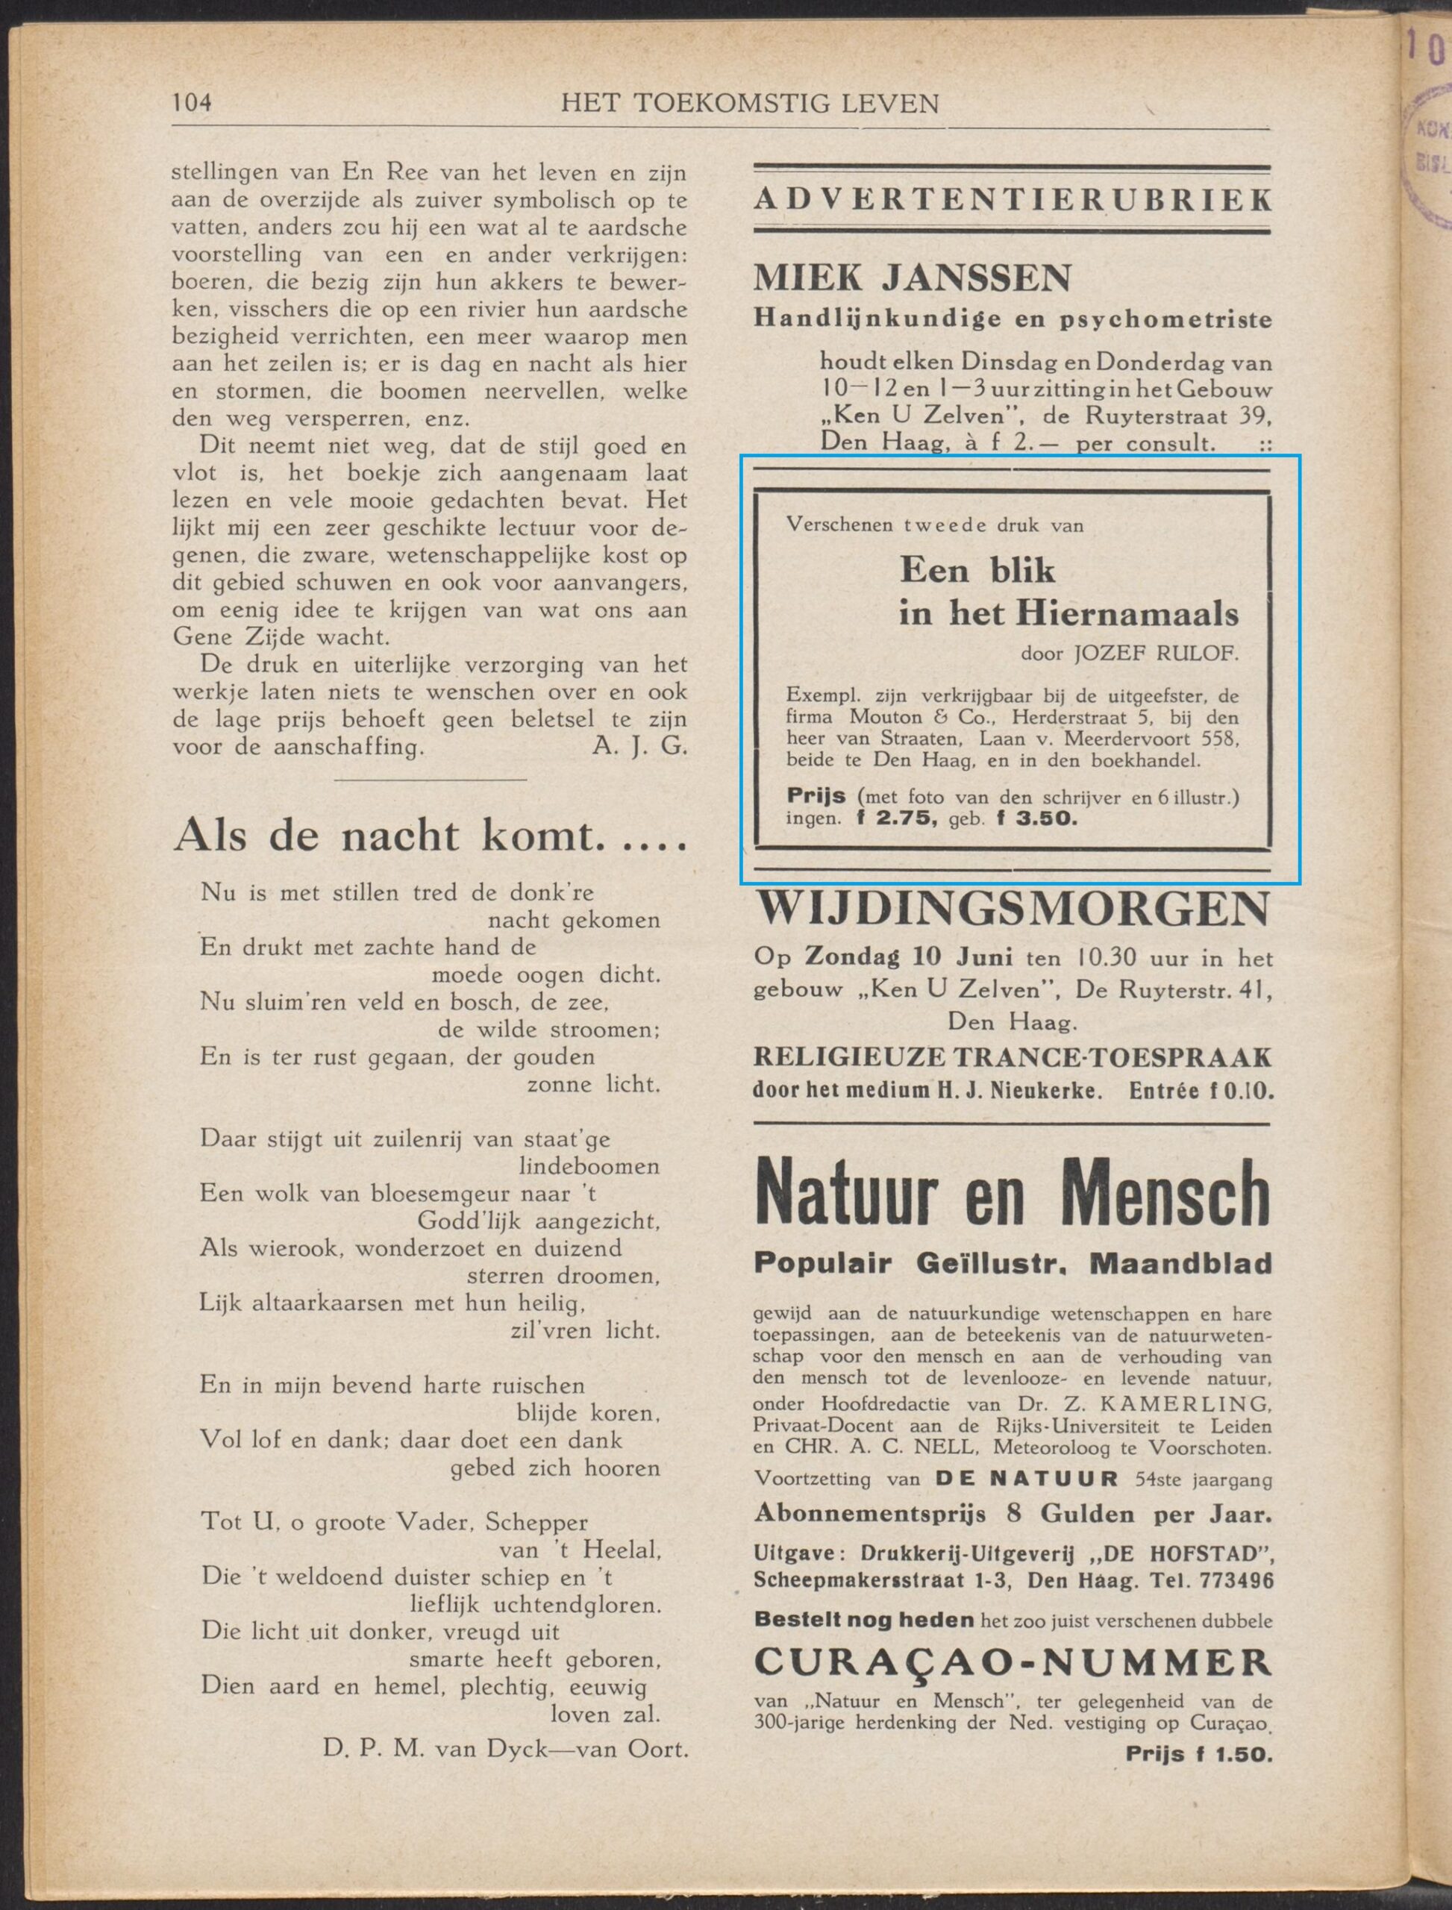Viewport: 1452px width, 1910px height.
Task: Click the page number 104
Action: pos(192,104)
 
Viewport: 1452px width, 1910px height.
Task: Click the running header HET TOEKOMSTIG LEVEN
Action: pos(750,104)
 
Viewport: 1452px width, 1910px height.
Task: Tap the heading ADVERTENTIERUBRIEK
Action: pos(1012,200)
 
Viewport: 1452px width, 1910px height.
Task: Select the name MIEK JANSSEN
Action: pos(913,278)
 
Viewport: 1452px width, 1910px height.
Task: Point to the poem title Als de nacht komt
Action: pos(431,836)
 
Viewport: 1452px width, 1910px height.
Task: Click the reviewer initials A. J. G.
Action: pos(639,746)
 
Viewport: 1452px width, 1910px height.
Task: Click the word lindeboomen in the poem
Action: pos(589,1166)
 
